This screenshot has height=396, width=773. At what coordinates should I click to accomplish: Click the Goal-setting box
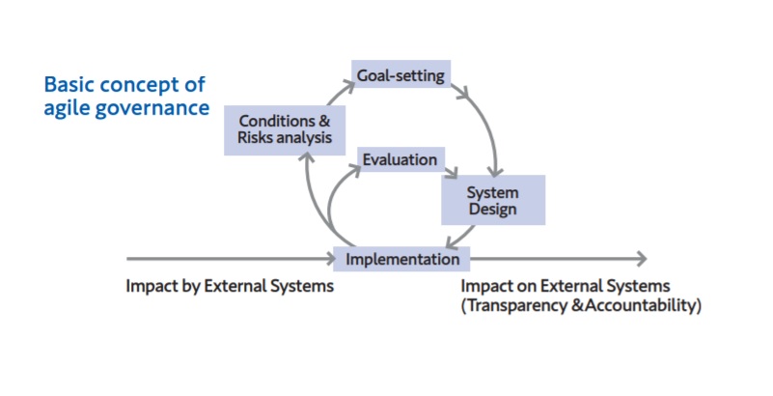pyautogui.click(x=400, y=74)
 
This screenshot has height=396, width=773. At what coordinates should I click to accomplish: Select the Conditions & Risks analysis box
pyautogui.click(x=285, y=130)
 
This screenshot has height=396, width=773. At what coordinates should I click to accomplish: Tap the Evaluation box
pyautogui.click(x=400, y=159)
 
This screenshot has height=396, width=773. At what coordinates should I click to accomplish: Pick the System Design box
pyautogui.click(x=493, y=200)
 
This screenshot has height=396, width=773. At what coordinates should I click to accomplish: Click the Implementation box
pyautogui.click(x=401, y=259)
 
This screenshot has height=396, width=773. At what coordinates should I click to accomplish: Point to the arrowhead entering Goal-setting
pyautogui.click(x=348, y=86)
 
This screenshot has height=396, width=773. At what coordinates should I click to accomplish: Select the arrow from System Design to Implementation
pyautogui.click(x=460, y=237)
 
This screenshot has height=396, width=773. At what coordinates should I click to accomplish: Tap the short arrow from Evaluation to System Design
pyautogui.click(x=451, y=172)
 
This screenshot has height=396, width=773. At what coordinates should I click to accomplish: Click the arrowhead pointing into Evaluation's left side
pyautogui.click(x=355, y=169)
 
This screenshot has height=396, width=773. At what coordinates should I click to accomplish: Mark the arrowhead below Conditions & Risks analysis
pyautogui.click(x=307, y=158)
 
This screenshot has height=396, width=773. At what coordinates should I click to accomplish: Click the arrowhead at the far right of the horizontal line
pyautogui.click(x=642, y=259)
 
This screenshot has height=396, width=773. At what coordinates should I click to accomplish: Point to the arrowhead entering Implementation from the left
pyautogui.click(x=330, y=259)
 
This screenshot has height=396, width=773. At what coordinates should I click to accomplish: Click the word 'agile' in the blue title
pyautogui.click(x=66, y=108)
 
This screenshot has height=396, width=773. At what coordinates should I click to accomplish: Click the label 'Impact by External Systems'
pyautogui.click(x=230, y=286)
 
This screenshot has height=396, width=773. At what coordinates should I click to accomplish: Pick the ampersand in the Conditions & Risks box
pyautogui.click(x=324, y=121)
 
